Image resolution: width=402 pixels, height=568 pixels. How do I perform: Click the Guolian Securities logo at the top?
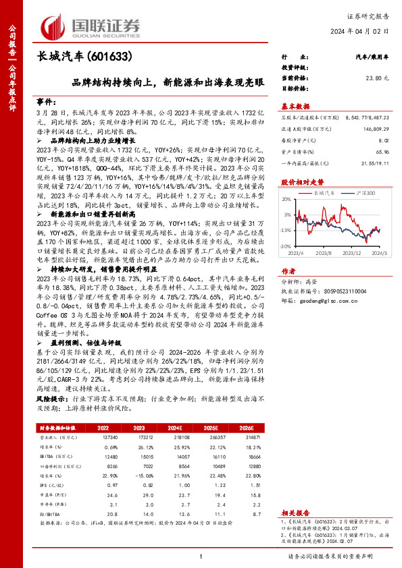coord(91,25)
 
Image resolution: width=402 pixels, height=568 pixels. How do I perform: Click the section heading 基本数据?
coord(295,106)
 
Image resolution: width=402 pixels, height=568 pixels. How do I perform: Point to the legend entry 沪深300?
coord(364,193)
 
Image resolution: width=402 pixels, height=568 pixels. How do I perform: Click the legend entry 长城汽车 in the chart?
coord(326,193)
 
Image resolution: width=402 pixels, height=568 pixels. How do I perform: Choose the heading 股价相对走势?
coord(299,182)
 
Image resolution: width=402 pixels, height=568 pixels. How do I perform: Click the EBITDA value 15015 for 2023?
coord(141,457)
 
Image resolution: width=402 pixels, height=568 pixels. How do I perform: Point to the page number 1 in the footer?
coord(201,555)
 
